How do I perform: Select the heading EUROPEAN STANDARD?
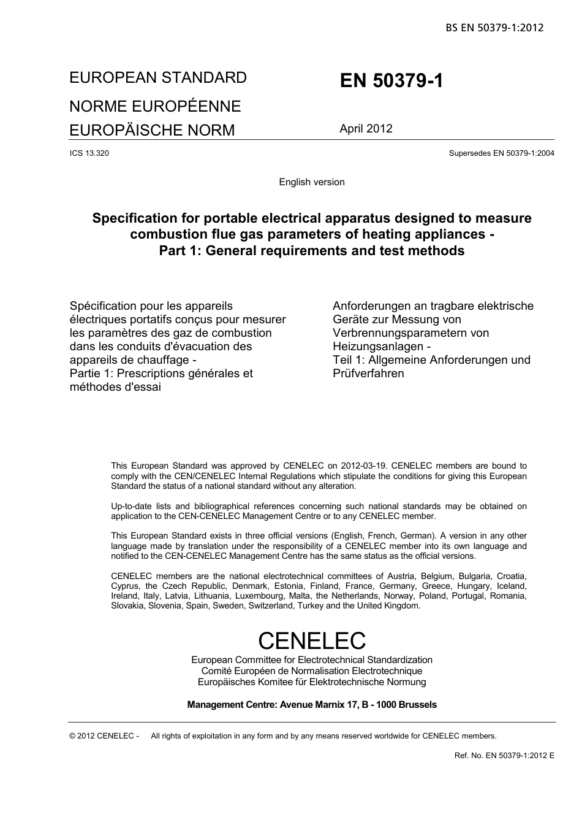click(x=158, y=78)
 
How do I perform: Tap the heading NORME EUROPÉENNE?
click(x=155, y=106)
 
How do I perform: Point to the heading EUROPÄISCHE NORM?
click(x=152, y=130)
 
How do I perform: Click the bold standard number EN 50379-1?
click(x=391, y=81)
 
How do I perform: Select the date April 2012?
click(x=366, y=129)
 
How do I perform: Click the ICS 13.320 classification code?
click(x=89, y=153)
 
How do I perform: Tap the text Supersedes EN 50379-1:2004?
click(x=501, y=153)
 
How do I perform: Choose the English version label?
click(x=312, y=182)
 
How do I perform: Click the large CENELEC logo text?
click(x=312, y=640)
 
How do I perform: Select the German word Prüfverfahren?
click(x=368, y=374)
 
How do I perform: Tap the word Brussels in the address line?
click(x=418, y=705)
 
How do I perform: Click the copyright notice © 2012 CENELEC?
click(x=104, y=736)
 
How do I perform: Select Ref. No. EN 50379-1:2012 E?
click(x=504, y=756)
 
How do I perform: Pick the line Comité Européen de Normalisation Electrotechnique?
click(x=312, y=671)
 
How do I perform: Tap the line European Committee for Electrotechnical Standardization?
click(x=312, y=660)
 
